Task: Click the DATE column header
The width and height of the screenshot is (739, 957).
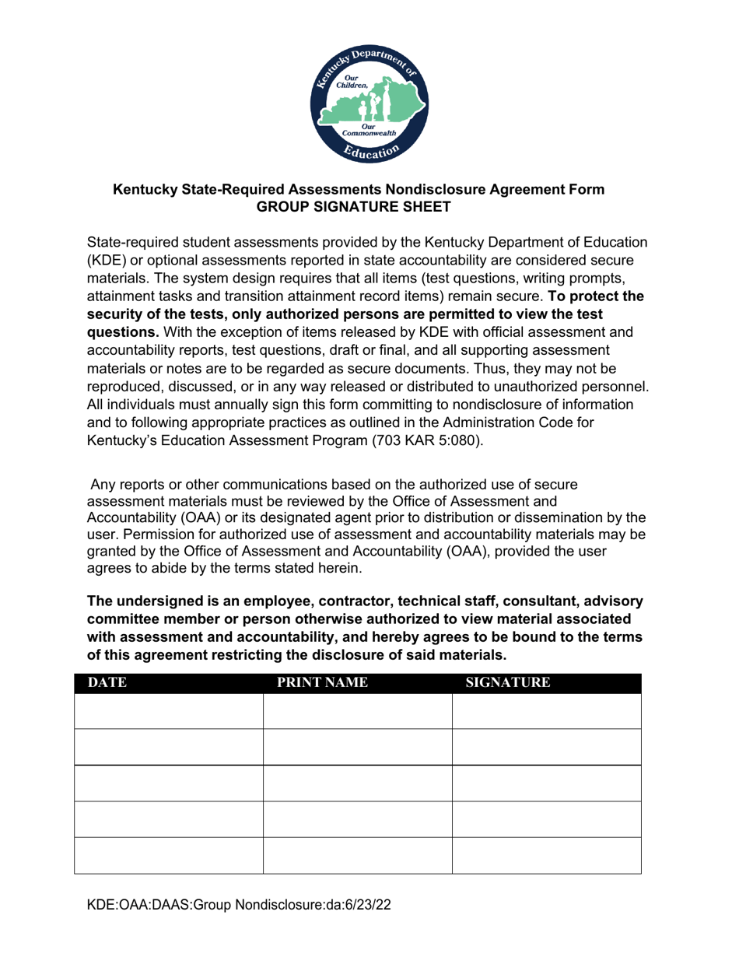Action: [107, 684]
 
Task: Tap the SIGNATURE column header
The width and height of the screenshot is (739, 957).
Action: [507, 684]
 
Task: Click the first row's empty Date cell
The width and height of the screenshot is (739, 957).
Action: [168, 711]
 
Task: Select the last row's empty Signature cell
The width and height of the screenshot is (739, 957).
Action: [546, 856]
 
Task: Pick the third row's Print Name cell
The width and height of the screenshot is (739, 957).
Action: [358, 783]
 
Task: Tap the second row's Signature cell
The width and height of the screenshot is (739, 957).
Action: [546, 747]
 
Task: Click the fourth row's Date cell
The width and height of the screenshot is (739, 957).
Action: [168, 819]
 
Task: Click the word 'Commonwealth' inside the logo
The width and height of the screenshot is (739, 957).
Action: [369, 133]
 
